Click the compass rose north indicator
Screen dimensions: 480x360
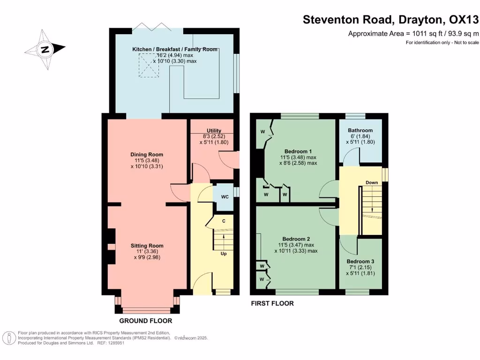click(x=45, y=49)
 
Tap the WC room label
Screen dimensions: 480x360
click(x=225, y=197)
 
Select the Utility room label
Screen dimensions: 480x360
click(x=214, y=131)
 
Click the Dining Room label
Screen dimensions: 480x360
click(x=147, y=155)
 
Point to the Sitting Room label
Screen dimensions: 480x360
click(x=147, y=246)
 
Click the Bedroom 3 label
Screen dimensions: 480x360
click(x=360, y=262)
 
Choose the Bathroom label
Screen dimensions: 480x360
click(x=360, y=130)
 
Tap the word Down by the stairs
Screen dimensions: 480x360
click(x=372, y=182)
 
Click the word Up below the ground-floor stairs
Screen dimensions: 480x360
click(x=224, y=254)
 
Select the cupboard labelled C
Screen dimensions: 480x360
click(x=224, y=221)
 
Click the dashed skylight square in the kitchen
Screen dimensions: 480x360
click(x=149, y=65)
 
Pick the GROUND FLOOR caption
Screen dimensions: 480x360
click(x=146, y=321)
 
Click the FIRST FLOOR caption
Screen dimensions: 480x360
click(x=272, y=303)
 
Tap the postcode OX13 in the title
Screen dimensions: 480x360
click(x=464, y=20)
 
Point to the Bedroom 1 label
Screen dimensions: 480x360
click(x=298, y=151)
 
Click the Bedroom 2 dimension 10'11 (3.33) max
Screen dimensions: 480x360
click(x=296, y=251)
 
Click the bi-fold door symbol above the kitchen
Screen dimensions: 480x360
click(x=151, y=26)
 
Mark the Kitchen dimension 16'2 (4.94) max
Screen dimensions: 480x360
click(x=175, y=55)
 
